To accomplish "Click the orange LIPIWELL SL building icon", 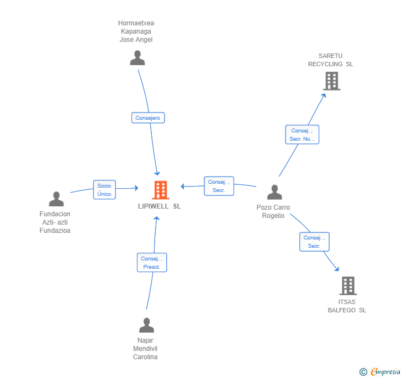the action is click(x=161, y=190).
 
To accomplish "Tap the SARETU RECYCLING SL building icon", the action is click(x=331, y=81).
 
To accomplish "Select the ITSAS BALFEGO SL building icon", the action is click(x=348, y=286).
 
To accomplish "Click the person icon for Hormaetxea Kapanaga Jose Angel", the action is click(x=137, y=58).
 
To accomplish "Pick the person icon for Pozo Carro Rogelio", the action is click(x=274, y=192).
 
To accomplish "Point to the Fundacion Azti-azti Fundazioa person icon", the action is click(x=56, y=199).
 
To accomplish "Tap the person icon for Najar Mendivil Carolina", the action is click(x=146, y=325).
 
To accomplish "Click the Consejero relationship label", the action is click(x=148, y=118).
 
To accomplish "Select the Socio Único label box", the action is click(x=104, y=190).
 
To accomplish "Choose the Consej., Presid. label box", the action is click(x=152, y=263).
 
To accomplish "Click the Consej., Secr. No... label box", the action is click(x=302, y=135).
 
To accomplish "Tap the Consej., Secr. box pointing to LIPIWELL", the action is click(x=219, y=186).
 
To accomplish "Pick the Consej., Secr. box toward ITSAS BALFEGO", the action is click(x=314, y=242).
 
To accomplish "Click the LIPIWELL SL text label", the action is click(x=159, y=206).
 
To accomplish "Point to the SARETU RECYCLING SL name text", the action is click(x=331, y=60).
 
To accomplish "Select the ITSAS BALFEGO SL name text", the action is click(x=347, y=306).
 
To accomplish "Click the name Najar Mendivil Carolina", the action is click(x=145, y=349).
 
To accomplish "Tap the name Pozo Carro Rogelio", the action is click(x=273, y=211).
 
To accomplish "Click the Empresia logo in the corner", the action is click(x=380, y=372).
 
